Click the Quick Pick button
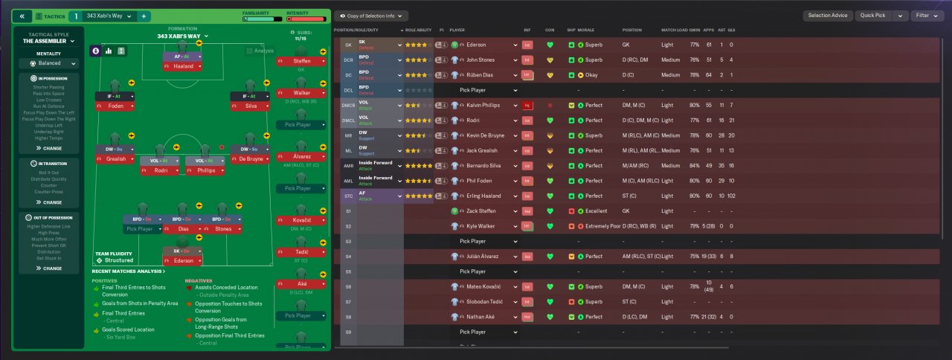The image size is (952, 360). tap(872, 16)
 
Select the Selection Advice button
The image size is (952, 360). tap(827, 16)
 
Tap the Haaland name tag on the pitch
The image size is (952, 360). tap(183, 66)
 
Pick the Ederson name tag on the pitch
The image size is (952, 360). tap(183, 260)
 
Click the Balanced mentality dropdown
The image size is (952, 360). tap(48, 64)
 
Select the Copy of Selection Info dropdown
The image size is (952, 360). tap(370, 16)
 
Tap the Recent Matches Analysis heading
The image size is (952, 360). tap(128, 271)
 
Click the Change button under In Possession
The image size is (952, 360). tap(48, 148)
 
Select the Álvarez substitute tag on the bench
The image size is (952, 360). tap(297, 157)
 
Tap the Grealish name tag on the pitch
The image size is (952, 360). tap(115, 159)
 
